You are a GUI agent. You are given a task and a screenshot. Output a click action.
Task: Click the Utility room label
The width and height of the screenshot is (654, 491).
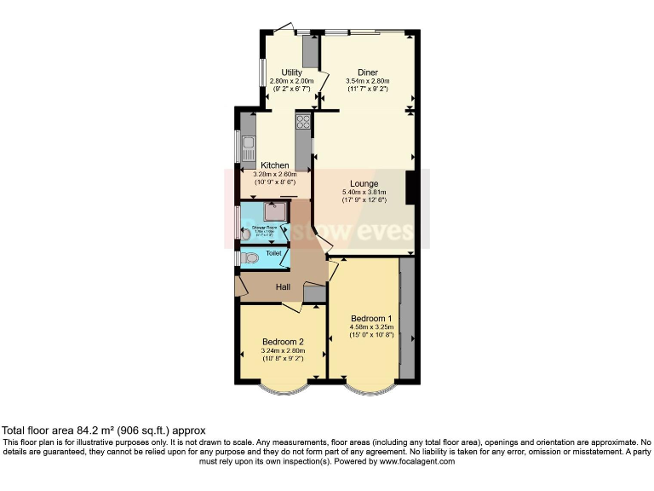coord(291,72)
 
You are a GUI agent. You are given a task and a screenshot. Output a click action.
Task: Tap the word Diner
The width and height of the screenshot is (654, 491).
coord(367,72)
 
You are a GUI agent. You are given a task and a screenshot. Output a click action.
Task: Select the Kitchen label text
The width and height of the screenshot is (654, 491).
coord(274,165)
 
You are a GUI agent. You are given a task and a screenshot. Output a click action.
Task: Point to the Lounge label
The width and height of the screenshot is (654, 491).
coord(364,183)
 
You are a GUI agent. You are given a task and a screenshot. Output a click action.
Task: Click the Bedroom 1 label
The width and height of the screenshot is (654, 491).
coord(370,317)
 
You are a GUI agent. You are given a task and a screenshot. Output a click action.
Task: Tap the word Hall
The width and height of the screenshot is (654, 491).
coord(283,287)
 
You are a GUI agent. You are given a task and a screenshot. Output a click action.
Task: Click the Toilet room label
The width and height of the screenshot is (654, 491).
coord(273,253)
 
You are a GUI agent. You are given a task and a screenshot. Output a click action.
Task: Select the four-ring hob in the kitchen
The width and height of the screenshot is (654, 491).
coord(302,121)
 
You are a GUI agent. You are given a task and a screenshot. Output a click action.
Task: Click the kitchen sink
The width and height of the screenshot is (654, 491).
coord(248,148)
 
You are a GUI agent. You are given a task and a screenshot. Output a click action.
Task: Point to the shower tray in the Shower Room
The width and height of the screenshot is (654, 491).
coord(275,211)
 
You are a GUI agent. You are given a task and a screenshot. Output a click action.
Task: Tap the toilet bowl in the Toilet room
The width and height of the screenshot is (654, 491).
coord(250,257)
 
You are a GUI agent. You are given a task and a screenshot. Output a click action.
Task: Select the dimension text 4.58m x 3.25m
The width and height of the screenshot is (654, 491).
coord(370,326)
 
